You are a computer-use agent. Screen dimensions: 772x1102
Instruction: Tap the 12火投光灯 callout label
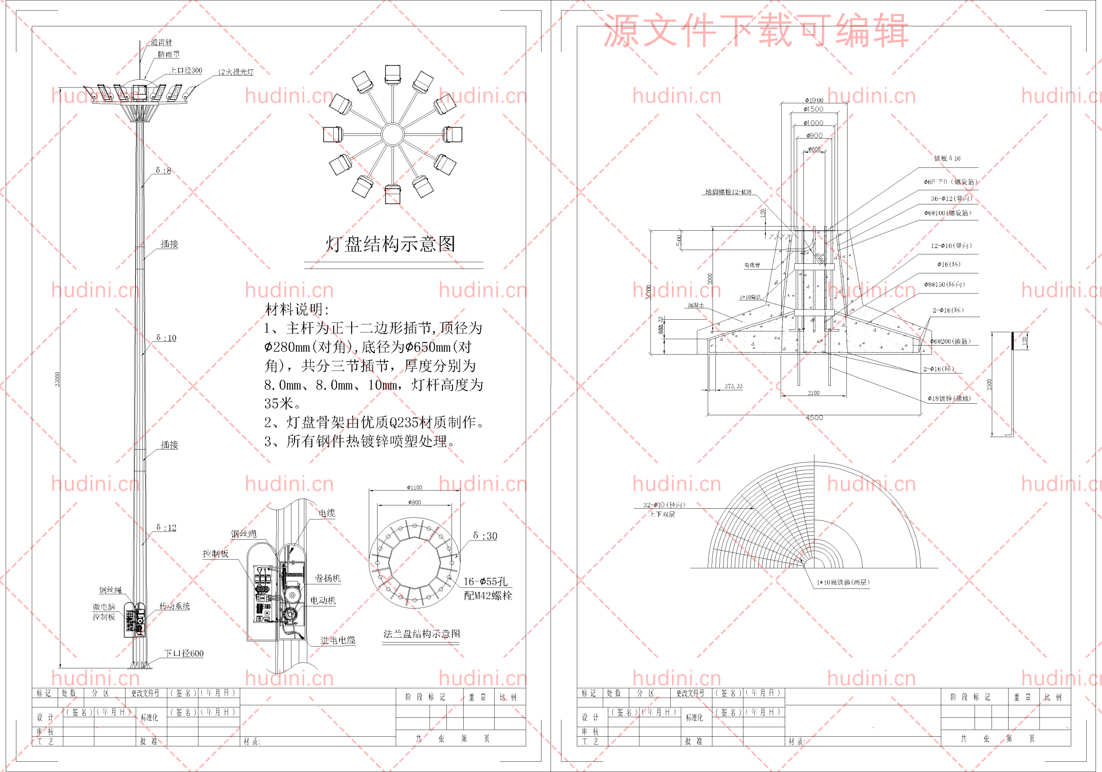click(235, 72)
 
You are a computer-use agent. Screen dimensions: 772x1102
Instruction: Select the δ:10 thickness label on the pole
click(166, 338)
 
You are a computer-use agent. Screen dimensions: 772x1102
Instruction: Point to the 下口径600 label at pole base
click(183, 653)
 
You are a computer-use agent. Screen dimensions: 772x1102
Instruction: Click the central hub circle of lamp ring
click(392, 134)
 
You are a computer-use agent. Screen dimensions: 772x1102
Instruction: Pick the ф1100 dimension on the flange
click(414, 488)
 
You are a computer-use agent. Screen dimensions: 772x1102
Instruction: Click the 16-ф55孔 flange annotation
click(485, 581)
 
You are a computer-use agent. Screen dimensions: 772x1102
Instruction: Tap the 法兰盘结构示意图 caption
click(421, 633)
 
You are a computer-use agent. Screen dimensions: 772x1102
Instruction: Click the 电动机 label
click(322, 600)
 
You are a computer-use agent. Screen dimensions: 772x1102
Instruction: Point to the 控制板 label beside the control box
click(215, 553)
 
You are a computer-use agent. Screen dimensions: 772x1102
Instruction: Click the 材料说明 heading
click(297, 309)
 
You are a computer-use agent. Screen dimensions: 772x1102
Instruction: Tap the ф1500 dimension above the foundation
click(814, 109)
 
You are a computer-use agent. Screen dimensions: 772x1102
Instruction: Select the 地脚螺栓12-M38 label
click(727, 192)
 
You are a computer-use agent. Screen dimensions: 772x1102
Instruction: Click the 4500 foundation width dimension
click(814, 417)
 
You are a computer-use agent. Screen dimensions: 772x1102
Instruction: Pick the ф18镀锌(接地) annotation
click(948, 398)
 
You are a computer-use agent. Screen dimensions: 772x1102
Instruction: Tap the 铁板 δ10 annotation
click(947, 158)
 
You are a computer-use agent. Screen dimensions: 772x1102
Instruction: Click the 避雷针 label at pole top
click(161, 42)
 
